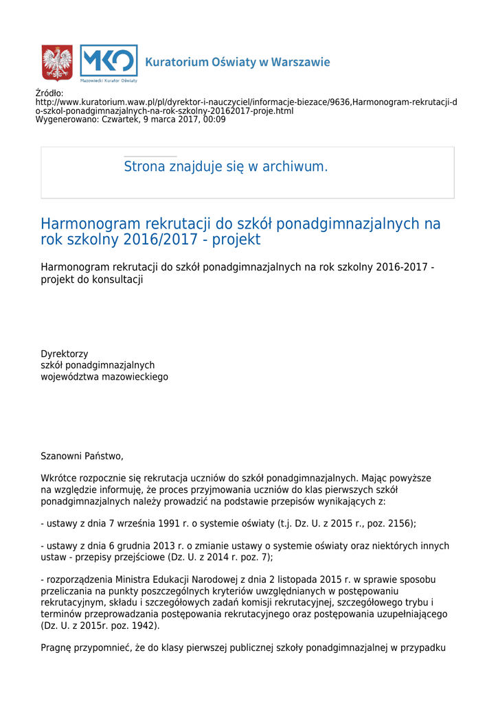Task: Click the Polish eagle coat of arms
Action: (x=57, y=62)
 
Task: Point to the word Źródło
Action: (x=49, y=93)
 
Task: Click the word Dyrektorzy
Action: (x=65, y=354)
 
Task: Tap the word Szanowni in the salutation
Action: (x=61, y=456)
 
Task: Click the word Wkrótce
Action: (x=60, y=479)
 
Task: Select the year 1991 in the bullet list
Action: (x=169, y=523)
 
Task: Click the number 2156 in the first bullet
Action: (x=399, y=523)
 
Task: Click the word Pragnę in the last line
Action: (x=57, y=647)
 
